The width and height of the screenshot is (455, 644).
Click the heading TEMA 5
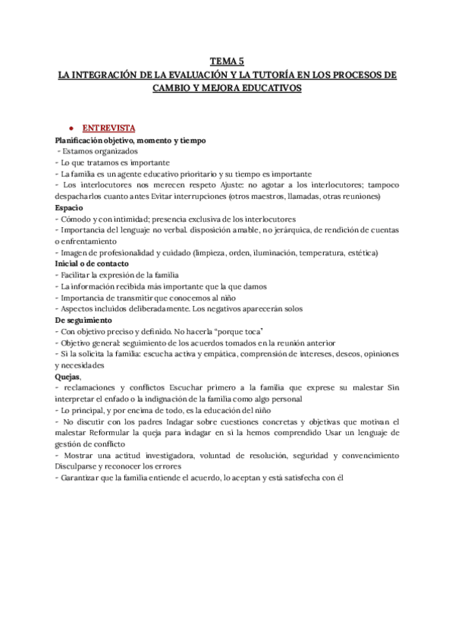[227, 62]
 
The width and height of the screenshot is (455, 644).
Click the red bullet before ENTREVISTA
[71, 129]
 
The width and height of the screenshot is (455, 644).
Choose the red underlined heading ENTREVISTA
[108, 129]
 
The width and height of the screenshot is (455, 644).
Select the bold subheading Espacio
[69, 207]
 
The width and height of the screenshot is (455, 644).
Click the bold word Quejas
[68, 376]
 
